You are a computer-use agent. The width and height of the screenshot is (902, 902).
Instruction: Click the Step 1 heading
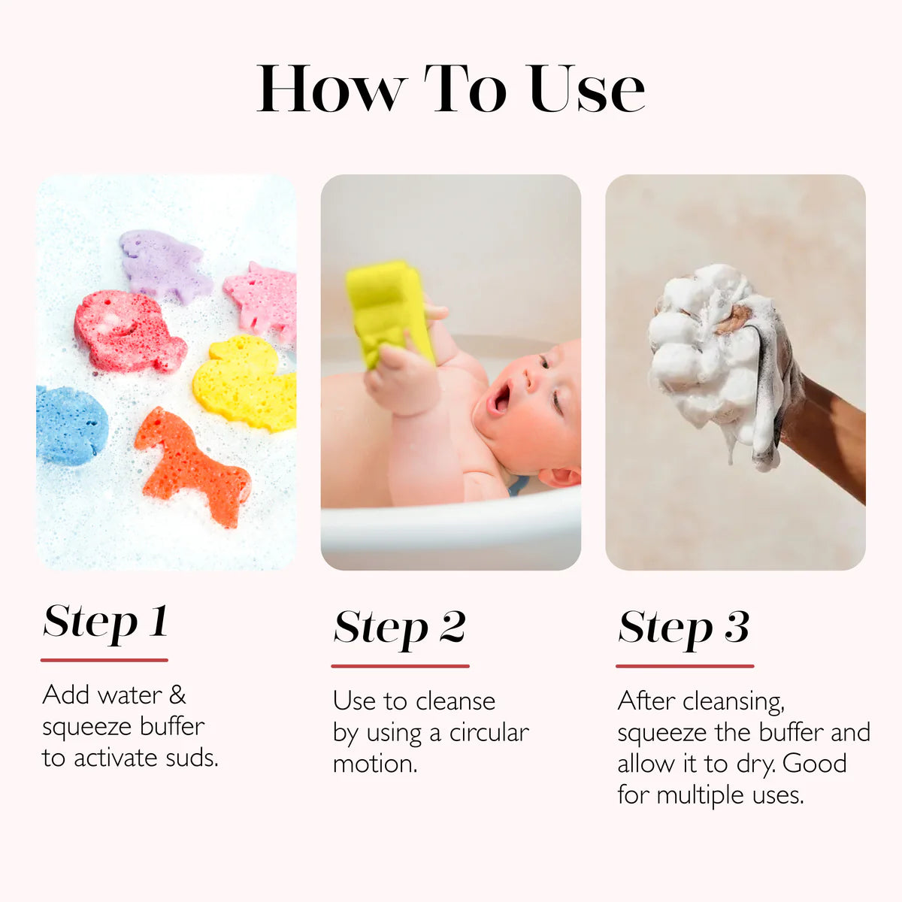pos(105,622)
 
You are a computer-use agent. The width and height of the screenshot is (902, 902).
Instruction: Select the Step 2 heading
pos(399,628)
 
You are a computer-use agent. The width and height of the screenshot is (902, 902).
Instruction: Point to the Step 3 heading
pos(683,628)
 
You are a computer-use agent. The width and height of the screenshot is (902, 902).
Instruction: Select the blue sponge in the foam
pos(69,425)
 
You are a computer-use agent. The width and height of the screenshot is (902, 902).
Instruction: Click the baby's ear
pos(560,476)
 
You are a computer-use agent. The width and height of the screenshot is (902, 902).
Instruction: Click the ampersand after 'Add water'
pos(177,695)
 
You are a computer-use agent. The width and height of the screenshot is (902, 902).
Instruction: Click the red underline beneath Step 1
pos(104,660)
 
